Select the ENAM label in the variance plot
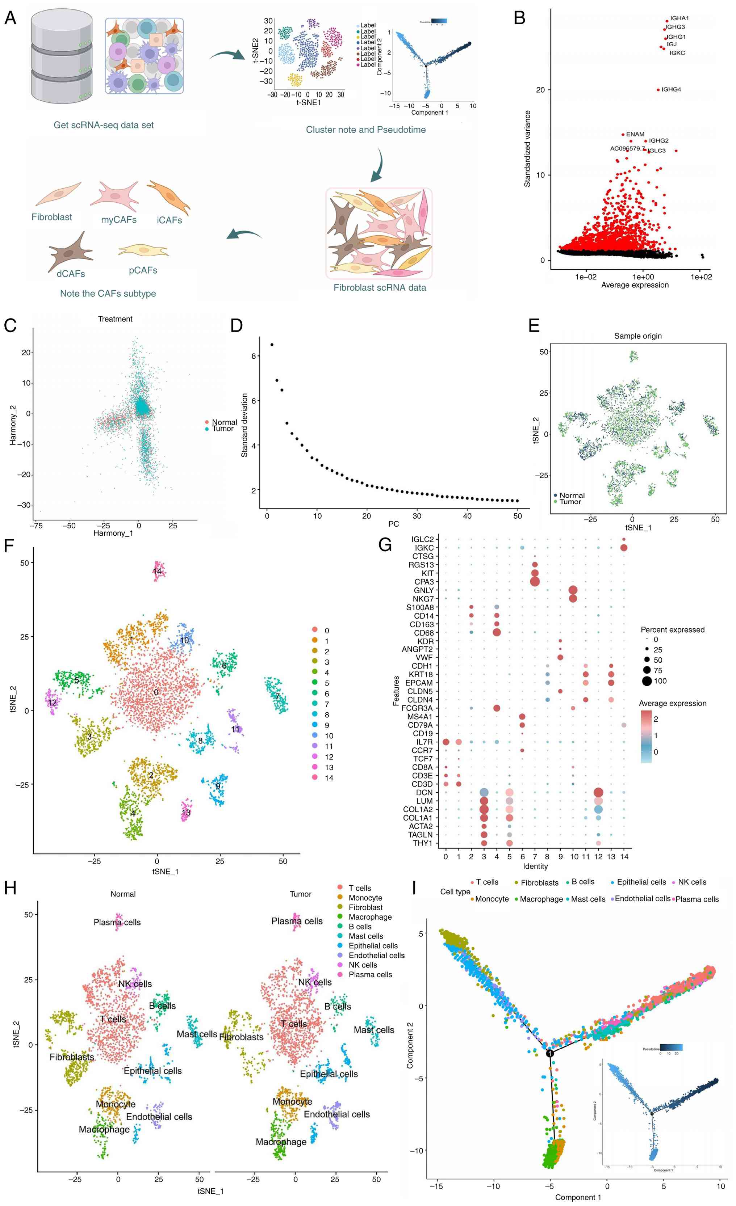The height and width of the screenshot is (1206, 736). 635,134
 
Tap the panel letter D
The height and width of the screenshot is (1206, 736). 237,325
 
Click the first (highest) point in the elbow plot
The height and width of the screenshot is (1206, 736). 272,345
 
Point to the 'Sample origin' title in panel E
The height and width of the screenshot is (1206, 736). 637,336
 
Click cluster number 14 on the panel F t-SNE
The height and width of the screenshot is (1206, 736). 157,571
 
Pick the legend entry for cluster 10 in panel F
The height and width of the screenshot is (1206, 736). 329,735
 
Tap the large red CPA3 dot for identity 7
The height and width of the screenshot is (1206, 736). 535,581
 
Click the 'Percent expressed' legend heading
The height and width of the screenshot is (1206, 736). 672,630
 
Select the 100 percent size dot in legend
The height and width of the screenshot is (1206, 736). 647,681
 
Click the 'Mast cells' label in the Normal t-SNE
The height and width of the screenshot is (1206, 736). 197,1034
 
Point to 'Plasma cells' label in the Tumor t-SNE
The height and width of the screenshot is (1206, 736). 297,921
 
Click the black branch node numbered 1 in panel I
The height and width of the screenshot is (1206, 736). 550,1053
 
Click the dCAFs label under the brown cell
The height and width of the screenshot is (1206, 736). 71,274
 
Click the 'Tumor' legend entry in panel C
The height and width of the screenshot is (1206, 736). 222,429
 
